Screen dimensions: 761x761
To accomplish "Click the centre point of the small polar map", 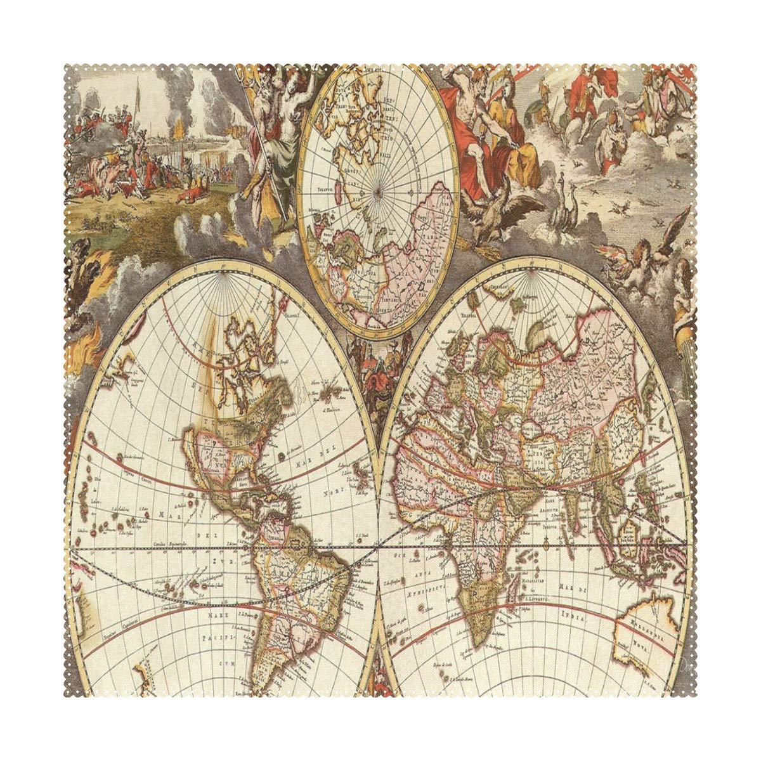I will point(379,191).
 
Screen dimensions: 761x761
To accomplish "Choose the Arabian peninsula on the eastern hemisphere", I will point(507,501).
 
